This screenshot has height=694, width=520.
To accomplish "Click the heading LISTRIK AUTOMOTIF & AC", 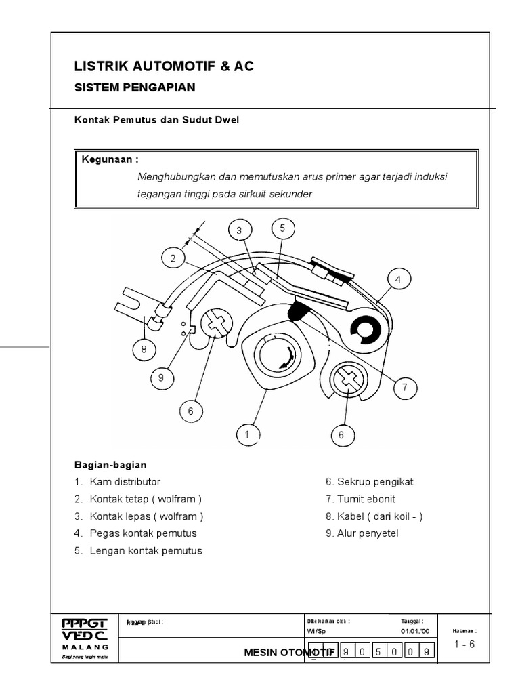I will [164, 66].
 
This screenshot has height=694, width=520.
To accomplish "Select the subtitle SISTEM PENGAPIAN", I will [134, 87].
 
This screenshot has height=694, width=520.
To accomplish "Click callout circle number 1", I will [248, 434].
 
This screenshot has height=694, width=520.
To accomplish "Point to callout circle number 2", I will [173, 258].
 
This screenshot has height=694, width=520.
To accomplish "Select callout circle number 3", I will [239, 231].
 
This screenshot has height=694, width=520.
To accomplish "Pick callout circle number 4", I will [399, 279].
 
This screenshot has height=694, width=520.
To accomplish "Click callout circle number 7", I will [404, 388].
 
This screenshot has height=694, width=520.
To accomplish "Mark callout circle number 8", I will [144, 350].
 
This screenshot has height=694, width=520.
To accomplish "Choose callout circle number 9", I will [161, 379].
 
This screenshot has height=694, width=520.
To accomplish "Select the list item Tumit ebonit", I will [365, 499].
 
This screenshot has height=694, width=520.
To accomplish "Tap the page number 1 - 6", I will [464, 645].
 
